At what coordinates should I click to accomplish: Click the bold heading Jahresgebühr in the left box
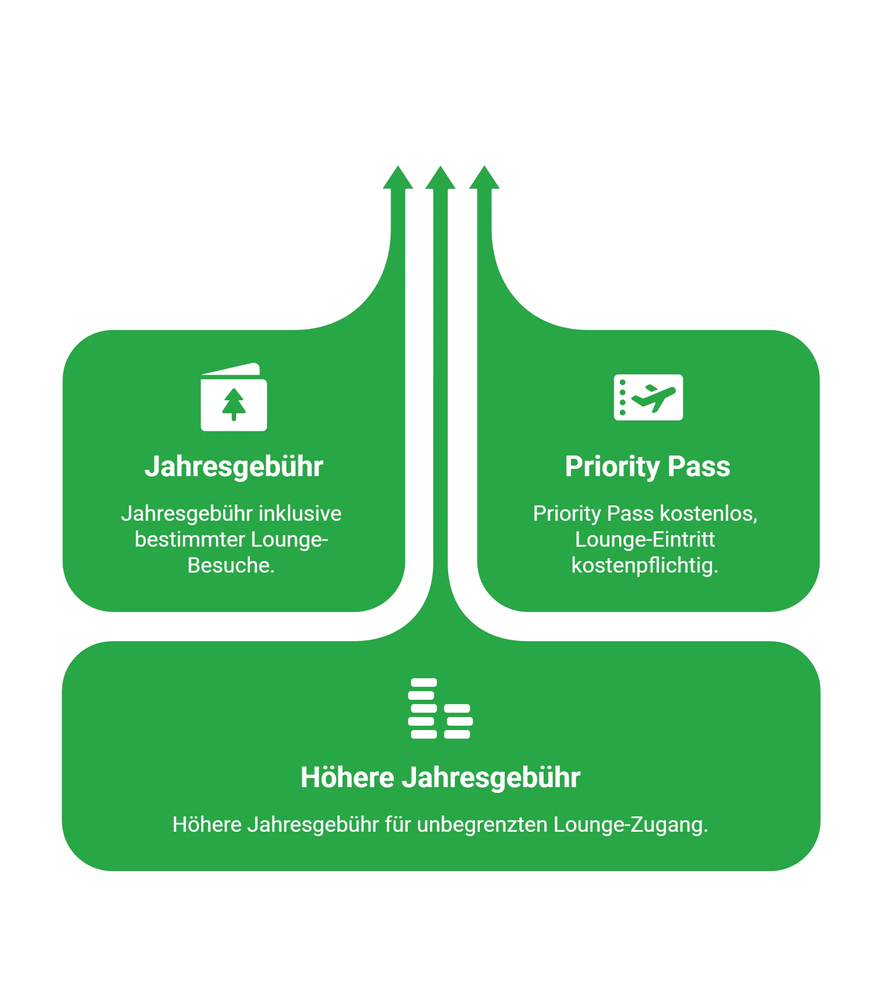click(x=234, y=467)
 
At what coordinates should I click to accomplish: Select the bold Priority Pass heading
click(x=648, y=467)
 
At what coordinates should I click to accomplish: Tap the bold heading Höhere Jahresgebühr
click(x=440, y=778)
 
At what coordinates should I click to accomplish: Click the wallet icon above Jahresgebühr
click(x=234, y=397)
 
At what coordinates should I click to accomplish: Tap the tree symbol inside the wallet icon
click(x=234, y=405)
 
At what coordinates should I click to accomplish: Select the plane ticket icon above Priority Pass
click(x=649, y=397)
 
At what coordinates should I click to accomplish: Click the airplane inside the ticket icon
click(x=654, y=398)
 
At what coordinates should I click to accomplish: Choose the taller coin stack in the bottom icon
click(x=423, y=708)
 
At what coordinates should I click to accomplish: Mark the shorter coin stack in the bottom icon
click(x=458, y=722)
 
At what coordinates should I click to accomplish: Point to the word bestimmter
click(x=190, y=540)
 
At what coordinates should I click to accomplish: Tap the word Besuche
click(x=231, y=565)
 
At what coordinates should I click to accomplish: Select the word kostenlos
click(x=708, y=514)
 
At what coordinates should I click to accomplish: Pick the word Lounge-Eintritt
click(x=645, y=540)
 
